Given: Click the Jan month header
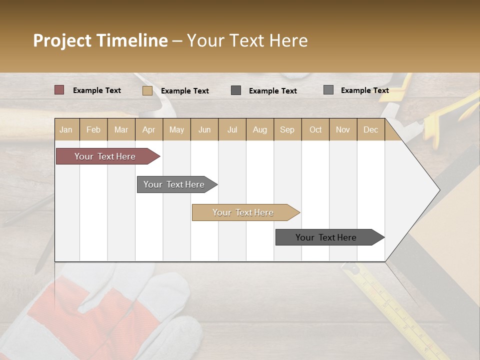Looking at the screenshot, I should pos(66,129).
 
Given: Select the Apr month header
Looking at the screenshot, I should pos(148,129).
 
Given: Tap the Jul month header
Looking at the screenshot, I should pos(232,129).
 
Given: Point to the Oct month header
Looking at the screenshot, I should pos(315,129).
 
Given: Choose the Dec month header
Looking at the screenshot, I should pos(370,129).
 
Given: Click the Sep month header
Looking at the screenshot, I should pos(287,129).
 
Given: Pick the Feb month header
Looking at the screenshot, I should pos(93,129).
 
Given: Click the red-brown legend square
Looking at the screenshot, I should pos(59,90).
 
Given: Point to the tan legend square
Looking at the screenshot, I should pos(147,90).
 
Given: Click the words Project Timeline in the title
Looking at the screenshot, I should pos(100,40).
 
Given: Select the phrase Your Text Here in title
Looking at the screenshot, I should pos(247,40).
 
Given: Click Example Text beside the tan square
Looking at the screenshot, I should pos(184,91).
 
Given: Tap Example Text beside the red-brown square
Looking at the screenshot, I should pos(96,90).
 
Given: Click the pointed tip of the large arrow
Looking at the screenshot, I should pos(438,190).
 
